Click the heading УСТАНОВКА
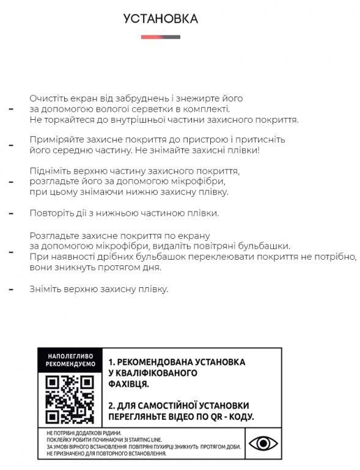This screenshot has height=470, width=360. coord(161,19)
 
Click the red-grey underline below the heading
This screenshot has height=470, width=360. coord(161,37)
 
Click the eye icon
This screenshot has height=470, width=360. coord(263,442)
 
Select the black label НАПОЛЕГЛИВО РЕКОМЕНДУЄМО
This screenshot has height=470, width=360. coord(70,359)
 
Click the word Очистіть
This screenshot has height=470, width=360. coord(46,98)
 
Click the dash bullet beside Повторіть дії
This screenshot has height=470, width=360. coord(10,214)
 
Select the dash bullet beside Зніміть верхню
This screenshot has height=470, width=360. coord(10,289)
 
